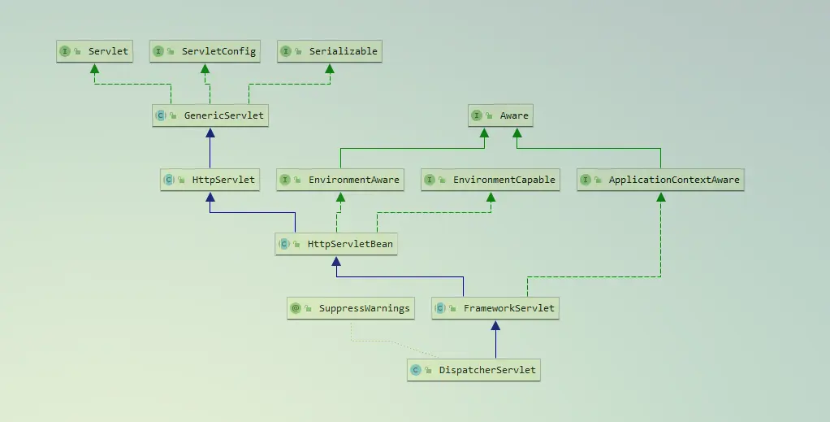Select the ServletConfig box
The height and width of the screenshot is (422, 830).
coord(205,51)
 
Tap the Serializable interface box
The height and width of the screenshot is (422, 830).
coord(330,51)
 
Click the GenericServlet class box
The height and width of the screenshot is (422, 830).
coord(211,115)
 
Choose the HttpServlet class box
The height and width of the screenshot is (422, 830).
coord(210,180)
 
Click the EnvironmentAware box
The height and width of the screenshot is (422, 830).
coord(340,180)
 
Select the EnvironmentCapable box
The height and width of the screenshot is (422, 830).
coord(491,180)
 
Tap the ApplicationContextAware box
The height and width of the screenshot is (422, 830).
coord(661,180)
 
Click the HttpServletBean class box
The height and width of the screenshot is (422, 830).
coord(336,243)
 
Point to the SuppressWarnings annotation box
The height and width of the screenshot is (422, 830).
coord(350,308)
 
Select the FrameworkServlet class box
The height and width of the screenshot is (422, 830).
coord(495,308)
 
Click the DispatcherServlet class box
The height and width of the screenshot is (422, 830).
coord(474,370)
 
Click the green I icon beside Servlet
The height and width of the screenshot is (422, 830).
coord(65,51)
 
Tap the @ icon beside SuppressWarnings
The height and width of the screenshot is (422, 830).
coord(296,308)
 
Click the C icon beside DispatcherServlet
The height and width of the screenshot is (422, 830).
coord(416,370)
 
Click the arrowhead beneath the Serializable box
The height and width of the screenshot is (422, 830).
coord(330,68)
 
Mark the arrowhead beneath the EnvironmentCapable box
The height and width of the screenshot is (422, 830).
coord(491,197)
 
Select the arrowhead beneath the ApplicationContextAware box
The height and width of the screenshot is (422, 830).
coord(661,197)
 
